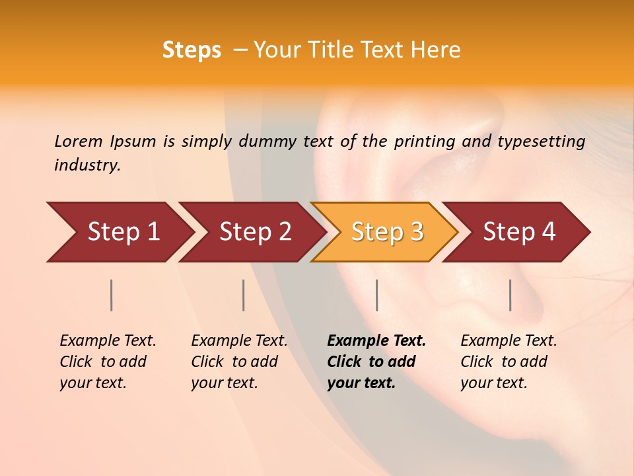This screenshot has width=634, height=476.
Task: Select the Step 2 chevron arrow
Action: (x=255, y=232)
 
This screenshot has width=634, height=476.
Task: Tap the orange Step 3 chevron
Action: (x=387, y=232)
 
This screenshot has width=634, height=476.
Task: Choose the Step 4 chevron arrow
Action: (x=519, y=232)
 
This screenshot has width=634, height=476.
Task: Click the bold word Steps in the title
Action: (x=192, y=50)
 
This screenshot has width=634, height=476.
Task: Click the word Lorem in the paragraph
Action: (x=79, y=141)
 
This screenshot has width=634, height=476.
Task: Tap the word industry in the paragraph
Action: (x=87, y=165)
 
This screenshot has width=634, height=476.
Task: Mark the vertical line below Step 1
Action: (x=112, y=295)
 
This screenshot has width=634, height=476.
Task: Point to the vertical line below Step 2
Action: (x=244, y=295)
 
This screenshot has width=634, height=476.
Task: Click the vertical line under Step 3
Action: (x=376, y=295)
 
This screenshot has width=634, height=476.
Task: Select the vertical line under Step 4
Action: (x=510, y=295)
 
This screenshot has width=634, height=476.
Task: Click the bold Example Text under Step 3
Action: (x=376, y=341)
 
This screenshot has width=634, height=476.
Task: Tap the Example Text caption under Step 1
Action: (x=108, y=341)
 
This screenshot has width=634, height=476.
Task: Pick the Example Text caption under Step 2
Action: (x=239, y=341)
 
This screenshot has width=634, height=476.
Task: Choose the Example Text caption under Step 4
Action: (x=509, y=341)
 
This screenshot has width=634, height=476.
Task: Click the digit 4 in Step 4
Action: (x=548, y=232)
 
